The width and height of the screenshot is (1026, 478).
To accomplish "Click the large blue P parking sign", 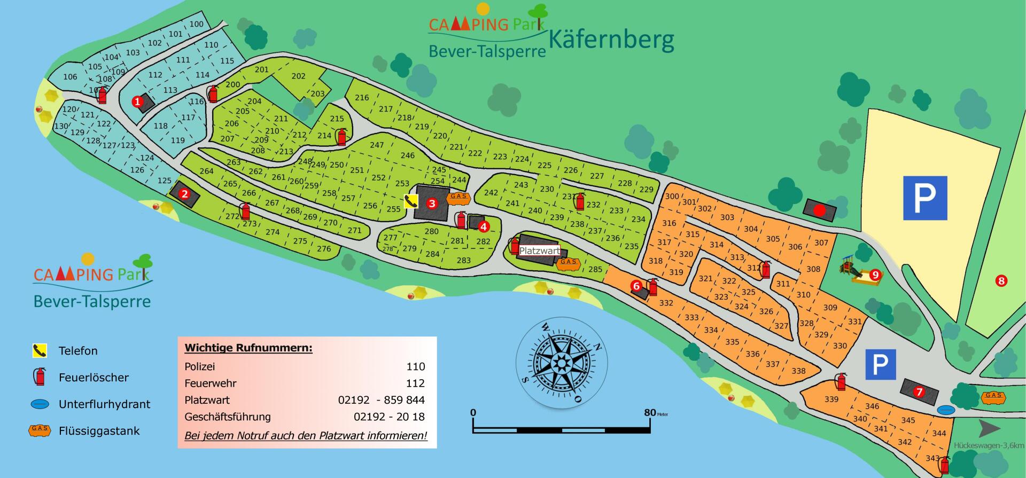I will [925, 198].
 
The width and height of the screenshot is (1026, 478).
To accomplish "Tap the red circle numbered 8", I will [1001, 280].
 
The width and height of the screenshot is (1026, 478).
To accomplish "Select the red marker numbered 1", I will [137, 101].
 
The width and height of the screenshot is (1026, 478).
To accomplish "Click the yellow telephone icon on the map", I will [411, 201].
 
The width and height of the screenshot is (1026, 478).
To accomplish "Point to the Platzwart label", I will [539, 250].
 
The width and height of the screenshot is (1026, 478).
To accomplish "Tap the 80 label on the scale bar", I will [650, 412].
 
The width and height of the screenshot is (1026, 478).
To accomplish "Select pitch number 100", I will [196, 24].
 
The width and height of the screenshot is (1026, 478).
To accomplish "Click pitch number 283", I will [463, 260].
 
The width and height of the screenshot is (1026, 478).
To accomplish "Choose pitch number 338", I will [798, 371].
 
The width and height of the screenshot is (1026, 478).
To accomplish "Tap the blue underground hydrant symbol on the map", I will [945, 410].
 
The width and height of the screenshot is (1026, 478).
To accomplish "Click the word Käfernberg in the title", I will [611, 40].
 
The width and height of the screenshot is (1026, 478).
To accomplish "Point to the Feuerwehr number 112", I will [415, 383].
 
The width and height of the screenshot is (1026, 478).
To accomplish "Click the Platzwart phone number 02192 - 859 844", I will [381, 400].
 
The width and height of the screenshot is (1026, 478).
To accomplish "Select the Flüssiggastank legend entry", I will [99, 431].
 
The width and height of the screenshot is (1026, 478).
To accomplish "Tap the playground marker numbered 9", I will [875, 275].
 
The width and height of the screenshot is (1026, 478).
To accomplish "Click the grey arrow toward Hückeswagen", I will [989, 428].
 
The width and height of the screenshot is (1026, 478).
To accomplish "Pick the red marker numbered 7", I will [919, 392].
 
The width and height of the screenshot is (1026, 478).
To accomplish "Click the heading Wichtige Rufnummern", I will [248, 348].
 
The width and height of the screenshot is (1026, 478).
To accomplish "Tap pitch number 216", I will [362, 98].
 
